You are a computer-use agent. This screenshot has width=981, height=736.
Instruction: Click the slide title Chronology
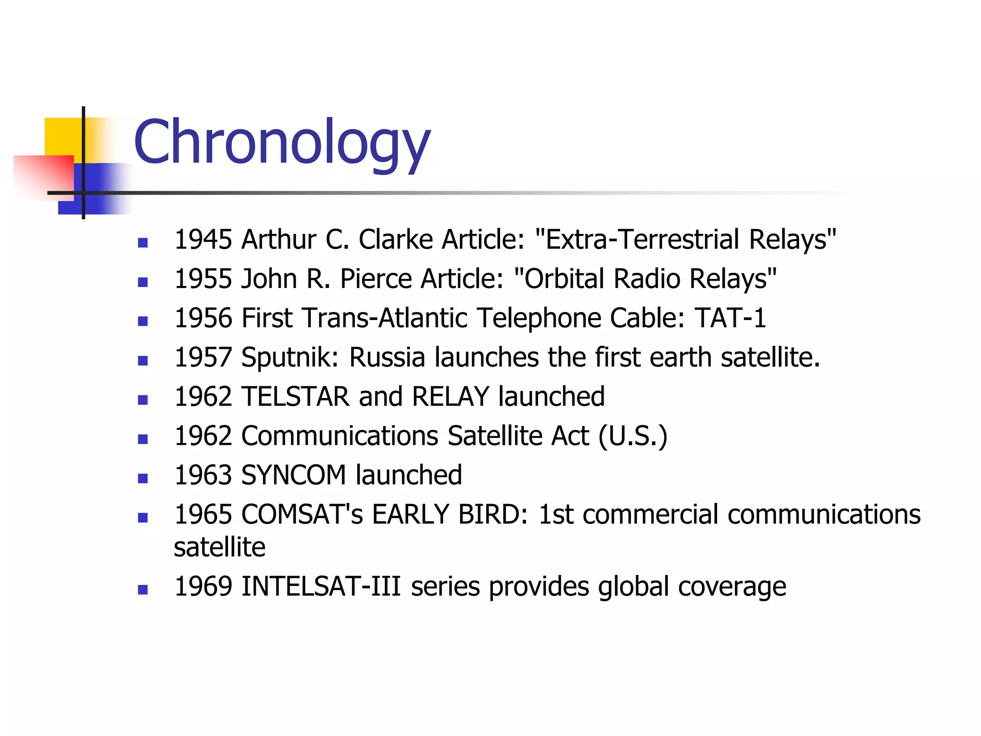coord(282,143)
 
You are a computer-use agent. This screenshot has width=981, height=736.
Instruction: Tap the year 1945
coord(203,240)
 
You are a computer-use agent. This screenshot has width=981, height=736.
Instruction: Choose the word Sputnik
coord(290,358)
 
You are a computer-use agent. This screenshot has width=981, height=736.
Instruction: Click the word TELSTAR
coord(296,397)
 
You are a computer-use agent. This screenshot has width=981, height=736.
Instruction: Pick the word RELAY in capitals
coord(450,397)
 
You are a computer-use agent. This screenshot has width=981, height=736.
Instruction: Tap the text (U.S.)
coord(633,436)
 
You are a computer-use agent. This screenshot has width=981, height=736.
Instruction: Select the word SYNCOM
coord(294,475)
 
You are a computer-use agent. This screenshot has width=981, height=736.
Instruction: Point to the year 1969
coord(203,586)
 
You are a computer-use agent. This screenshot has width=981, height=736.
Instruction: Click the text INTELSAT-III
coord(321,586)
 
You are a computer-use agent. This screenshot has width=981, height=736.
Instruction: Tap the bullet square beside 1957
coord(143,360)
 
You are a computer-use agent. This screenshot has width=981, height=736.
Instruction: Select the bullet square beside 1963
coord(143,478)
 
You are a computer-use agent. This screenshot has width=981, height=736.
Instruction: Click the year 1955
coord(203,279)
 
